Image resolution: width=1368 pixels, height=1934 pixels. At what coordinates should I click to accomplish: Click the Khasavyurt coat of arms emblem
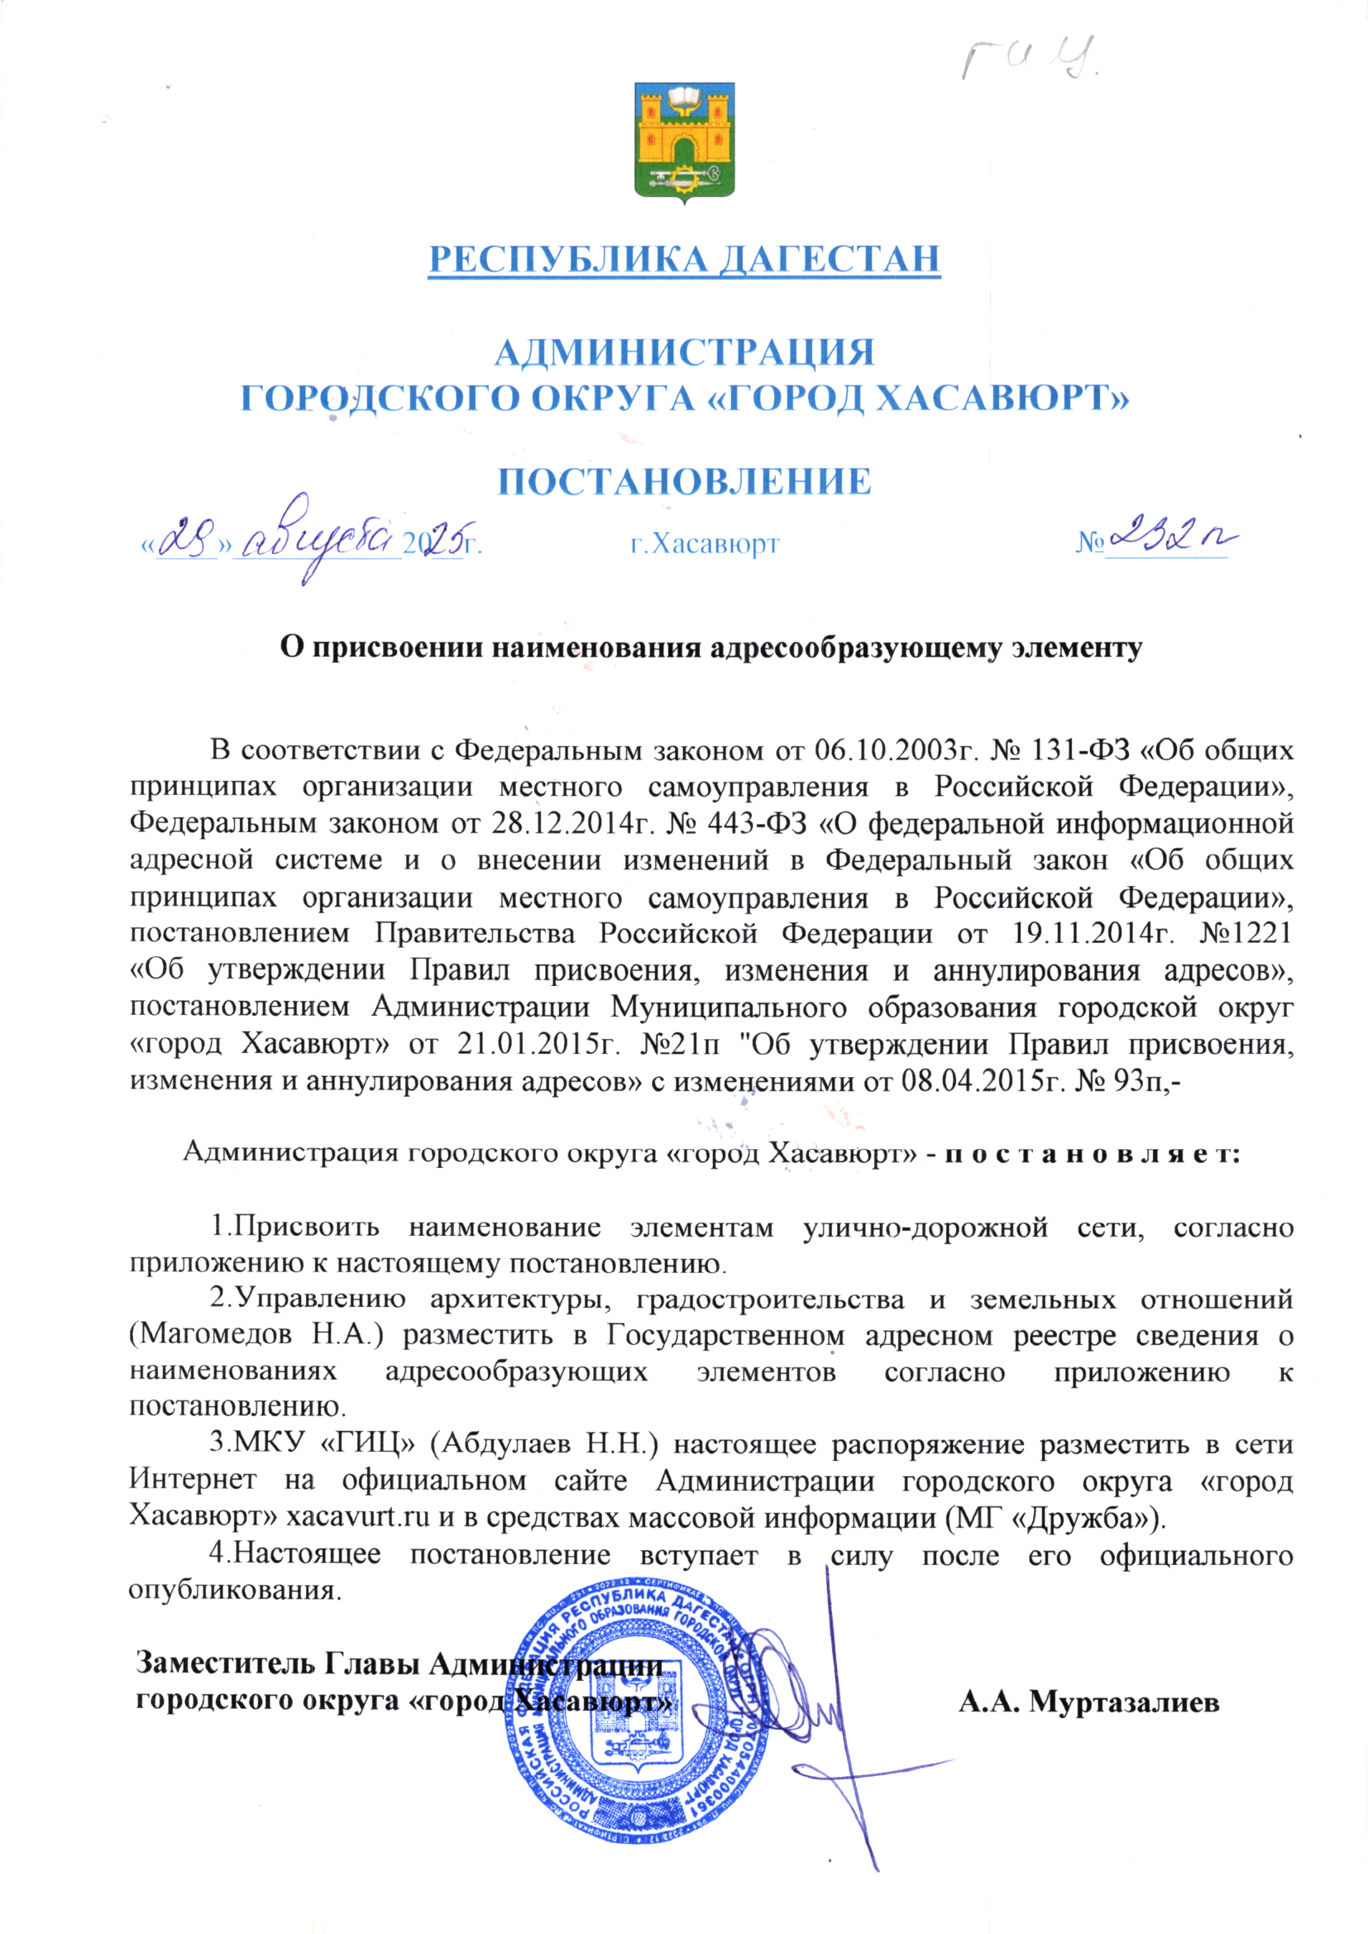(684, 142)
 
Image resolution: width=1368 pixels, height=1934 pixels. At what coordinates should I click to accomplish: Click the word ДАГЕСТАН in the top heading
(828, 259)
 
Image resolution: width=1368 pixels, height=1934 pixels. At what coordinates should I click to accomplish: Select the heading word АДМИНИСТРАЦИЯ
(684, 352)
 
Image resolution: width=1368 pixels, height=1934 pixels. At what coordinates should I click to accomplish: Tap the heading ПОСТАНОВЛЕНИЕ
(684, 481)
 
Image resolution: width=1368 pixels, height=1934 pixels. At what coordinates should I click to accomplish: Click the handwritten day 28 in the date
(186, 539)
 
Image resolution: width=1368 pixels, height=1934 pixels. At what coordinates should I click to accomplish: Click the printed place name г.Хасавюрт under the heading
(705, 544)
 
